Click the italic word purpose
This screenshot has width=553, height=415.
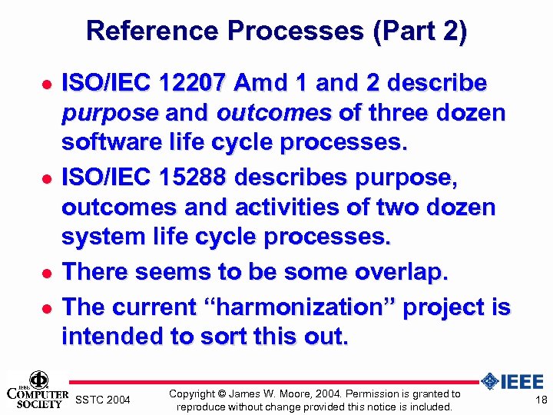pyautogui.click(x=109, y=114)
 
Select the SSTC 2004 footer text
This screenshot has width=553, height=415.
pyautogui.click(x=104, y=400)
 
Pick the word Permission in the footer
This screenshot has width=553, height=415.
pyautogui.click(x=360, y=393)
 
